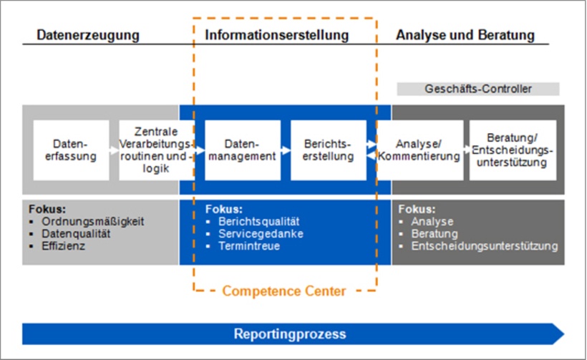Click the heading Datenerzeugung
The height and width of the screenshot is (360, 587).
(x=87, y=34)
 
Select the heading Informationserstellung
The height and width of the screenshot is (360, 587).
(x=277, y=34)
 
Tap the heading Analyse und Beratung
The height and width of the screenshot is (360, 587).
(x=465, y=34)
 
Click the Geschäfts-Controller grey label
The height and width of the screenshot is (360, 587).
(x=478, y=89)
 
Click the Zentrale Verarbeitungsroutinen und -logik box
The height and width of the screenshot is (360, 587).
(x=155, y=150)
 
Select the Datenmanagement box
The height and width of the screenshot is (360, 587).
(x=242, y=150)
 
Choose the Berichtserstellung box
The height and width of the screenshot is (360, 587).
(x=328, y=150)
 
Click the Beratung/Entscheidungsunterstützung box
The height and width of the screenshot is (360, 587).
(x=512, y=150)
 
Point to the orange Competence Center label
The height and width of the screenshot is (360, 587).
(x=283, y=291)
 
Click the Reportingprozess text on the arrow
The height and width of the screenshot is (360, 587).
(x=289, y=334)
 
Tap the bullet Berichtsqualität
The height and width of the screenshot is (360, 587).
(x=258, y=222)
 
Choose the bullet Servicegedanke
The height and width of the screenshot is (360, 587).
(x=261, y=234)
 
